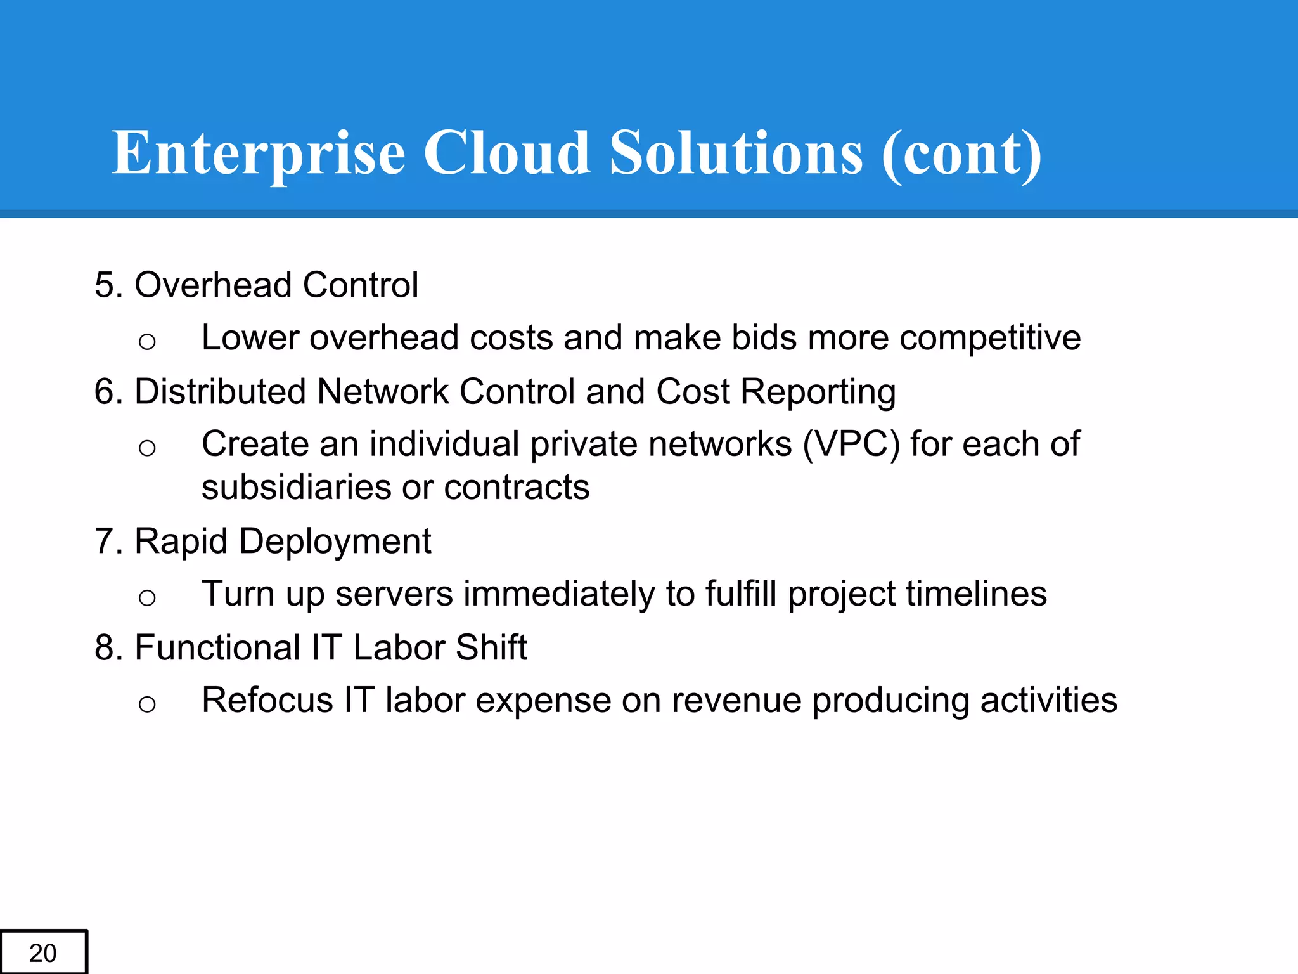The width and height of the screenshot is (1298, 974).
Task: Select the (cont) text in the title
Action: point(961,154)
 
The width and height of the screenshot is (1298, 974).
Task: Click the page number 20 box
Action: point(43,952)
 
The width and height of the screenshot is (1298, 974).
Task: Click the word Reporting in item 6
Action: point(818,391)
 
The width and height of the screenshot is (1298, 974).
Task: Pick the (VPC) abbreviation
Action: point(851,444)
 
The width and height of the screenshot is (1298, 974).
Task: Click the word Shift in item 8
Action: point(491,648)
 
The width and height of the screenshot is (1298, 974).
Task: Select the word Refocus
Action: point(267,701)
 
